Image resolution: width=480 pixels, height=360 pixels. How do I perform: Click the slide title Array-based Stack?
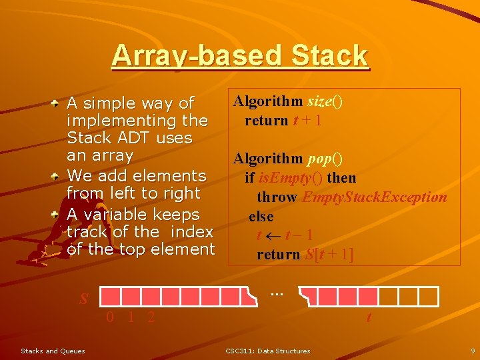pos(239,56)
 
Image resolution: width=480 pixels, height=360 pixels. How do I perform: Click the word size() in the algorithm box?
pos(325,101)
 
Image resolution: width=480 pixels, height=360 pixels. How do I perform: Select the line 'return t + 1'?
pos(283,121)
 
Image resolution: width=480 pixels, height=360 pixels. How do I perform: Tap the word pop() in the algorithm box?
pos(325,159)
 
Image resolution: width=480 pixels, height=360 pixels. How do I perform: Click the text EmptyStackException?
pos(374,197)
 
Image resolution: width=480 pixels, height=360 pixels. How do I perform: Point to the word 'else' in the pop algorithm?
pos(261,217)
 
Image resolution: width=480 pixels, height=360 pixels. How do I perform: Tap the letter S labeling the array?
pos(84,298)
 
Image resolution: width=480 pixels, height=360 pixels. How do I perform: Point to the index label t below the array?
pos(369,318)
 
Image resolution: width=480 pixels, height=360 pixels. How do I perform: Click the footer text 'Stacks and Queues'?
pos(53,351)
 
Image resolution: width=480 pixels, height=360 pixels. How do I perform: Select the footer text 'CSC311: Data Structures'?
pos(267,351)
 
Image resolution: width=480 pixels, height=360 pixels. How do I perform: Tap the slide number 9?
pos(472,351)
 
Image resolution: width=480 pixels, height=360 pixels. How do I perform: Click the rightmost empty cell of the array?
pos(429,297)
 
